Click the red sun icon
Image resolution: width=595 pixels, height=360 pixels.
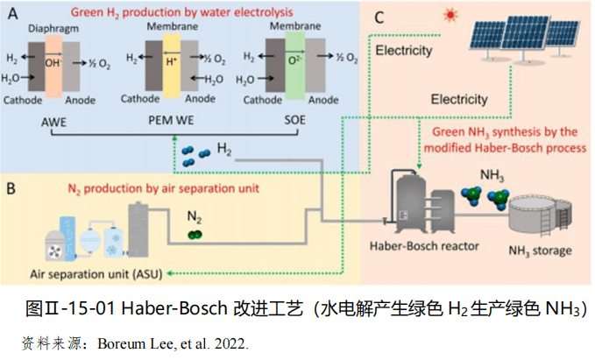450,15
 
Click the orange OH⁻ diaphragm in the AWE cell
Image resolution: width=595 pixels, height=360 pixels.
53,67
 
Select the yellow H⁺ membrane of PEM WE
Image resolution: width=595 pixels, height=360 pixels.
172,66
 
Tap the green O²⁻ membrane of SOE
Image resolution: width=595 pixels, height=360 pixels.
294,65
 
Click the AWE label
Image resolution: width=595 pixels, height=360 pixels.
53,122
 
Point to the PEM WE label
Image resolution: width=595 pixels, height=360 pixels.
171,120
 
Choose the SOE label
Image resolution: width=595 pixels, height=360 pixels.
294,120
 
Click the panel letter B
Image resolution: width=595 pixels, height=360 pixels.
11,188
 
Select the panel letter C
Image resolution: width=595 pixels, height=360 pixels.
379,18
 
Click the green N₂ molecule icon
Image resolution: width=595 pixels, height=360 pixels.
195,235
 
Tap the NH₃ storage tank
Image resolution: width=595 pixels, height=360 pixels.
540,214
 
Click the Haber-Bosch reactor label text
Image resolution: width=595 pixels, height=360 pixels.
424,246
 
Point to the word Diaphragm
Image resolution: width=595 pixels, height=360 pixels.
53,28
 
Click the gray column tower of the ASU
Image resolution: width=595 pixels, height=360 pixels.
138,229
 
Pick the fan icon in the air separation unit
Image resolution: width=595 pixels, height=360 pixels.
55,251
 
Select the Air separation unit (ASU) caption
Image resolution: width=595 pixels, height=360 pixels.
96,274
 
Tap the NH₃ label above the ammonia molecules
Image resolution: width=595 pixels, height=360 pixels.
492,175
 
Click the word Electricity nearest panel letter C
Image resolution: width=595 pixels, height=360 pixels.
404,51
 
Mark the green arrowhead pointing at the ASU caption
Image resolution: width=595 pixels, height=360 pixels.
170,273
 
